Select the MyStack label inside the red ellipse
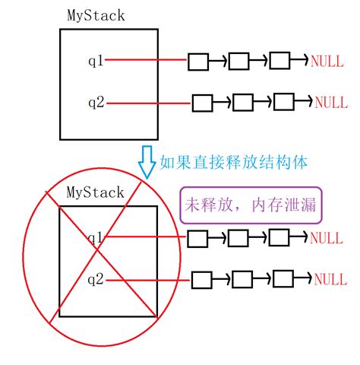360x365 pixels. click(96, 192)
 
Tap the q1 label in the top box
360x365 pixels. click(95, 59)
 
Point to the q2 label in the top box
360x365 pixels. click(95, 100)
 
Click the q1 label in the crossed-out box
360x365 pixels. click(95, 238)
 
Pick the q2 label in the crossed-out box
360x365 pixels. click(95, 279)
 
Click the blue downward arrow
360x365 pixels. click(147, 160)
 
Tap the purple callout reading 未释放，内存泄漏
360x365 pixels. click(250, 205)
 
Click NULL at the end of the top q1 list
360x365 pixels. click(327, 61)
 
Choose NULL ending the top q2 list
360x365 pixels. click(331, 102)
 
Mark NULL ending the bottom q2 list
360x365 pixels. click(331, 279)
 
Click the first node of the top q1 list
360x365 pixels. click(198, 62)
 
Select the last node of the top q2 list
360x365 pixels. click(283, 102)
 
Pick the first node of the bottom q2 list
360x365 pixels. click(201, 279)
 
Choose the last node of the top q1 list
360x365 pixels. click(280, 62)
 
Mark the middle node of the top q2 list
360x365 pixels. click(242, 102)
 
